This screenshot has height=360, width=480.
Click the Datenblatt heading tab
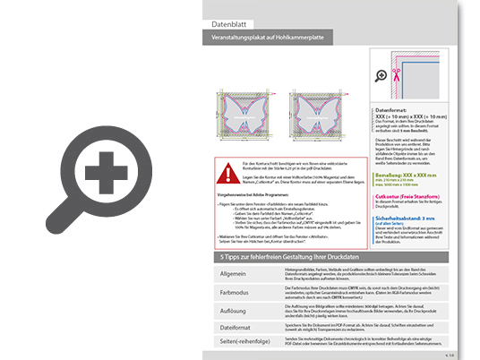click(x=230, y=24)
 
